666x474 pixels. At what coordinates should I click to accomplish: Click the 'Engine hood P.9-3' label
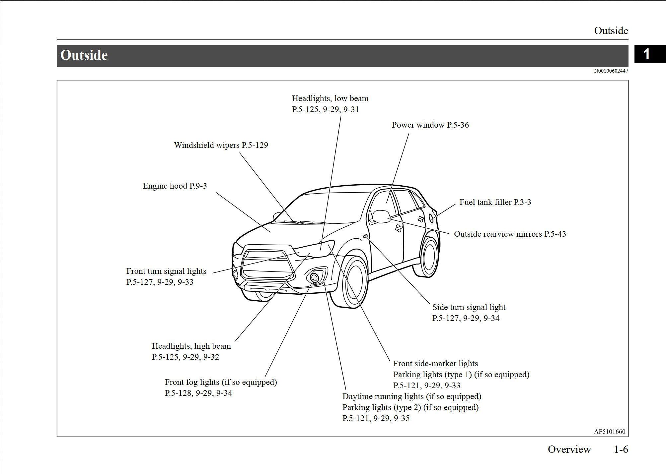click(175, 186)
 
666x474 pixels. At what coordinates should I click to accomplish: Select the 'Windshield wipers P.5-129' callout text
click(221, 145)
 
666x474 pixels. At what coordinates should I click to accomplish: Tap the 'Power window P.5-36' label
click(430, 125)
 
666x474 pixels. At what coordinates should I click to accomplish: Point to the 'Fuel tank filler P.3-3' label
click(495, 202)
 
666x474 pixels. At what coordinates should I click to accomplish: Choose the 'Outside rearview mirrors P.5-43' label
click(510, 234)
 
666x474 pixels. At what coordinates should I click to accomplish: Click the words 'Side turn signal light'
click(469, 307)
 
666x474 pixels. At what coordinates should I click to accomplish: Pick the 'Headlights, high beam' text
click(191, 346)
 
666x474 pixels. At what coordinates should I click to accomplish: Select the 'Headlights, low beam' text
click(330, 98)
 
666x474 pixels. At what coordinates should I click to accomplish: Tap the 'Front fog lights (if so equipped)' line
click(221, 382)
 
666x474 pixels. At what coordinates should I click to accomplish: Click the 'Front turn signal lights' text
click(166, 271)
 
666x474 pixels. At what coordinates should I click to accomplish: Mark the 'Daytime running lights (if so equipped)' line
click(411, 396)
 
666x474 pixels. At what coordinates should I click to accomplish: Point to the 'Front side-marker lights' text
click(435, 364)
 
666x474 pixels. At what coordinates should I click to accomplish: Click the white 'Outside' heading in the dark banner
click(84, 55)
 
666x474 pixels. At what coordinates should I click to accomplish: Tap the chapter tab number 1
click(646, 54)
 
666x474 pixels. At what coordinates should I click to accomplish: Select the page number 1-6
click(621, 449)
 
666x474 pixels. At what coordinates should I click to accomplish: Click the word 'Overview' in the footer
click(569, 449)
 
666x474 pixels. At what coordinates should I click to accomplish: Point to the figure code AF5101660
click(610, 432)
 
